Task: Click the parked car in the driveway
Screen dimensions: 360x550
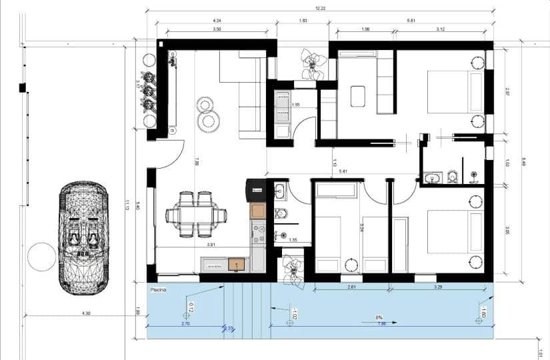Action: pyautogui.click(x=83, y=238)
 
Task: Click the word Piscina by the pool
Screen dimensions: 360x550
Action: pyautogui.click(x=158, y=290)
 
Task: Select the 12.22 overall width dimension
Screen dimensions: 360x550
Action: pyautogui.click(x=320, y=8)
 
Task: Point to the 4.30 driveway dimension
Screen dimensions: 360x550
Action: pyautogui.click(x=86, y=313)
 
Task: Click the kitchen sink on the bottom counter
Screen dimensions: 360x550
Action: pyautogui.click(x=235, y=265)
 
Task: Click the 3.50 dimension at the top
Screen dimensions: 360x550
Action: pyautogui.click(x=217, y=29)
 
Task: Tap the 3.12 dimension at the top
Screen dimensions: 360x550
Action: pyautogui.click(x=440, y=29)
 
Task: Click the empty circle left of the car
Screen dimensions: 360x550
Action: pyautogui.click(x=41, y=257)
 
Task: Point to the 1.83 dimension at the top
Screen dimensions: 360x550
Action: pyautogui.click(x=303, y=21)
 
